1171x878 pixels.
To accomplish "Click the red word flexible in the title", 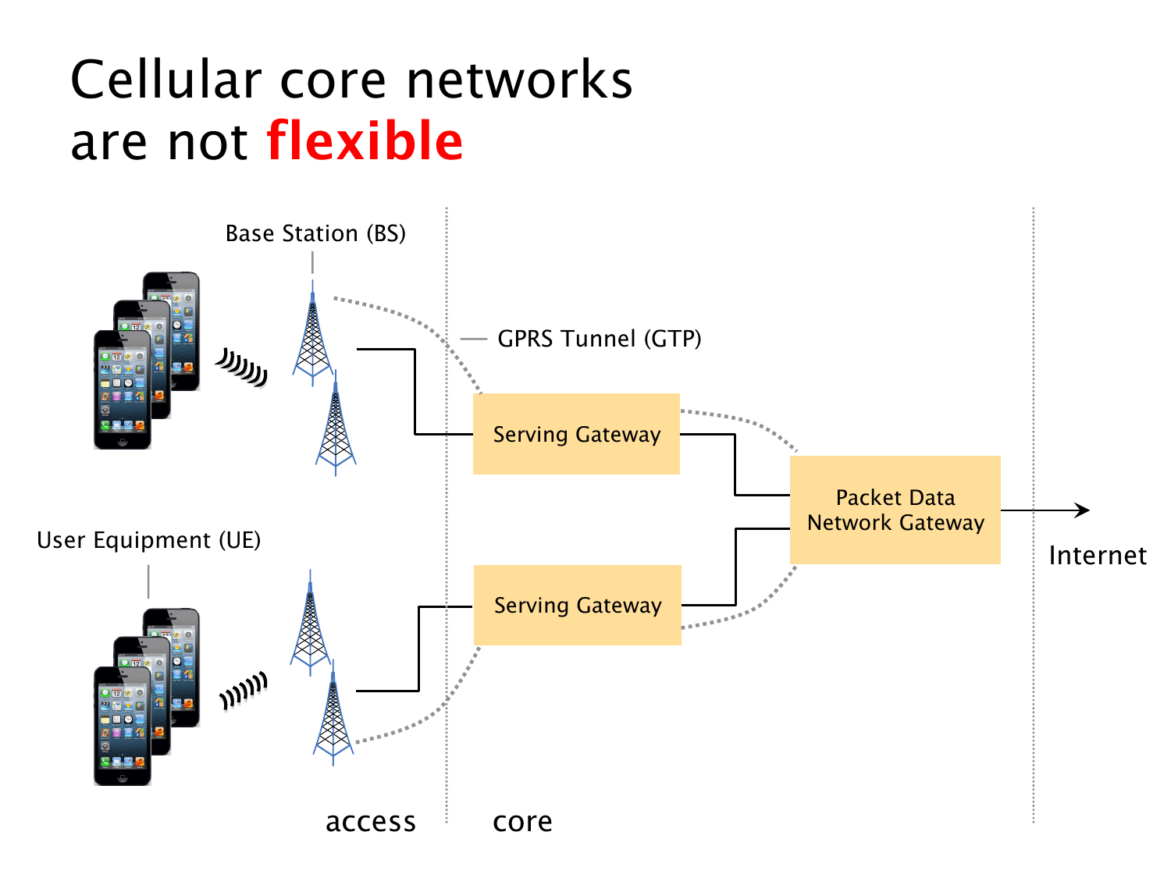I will pyautogui.click(x=365, y=141).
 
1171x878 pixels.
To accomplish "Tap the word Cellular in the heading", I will pyautogui.click(x=166, y=80).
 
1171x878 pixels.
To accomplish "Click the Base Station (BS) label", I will pyautogui.click(x=315, y=233).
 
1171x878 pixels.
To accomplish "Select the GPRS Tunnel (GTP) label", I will pyautogui.click(x=599, y=339).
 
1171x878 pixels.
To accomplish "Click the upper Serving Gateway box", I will pyautogui.click(x=576, y=434).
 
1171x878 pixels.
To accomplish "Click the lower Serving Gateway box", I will pyautogui.click(x=578, y=605).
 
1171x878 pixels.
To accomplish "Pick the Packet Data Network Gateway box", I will pyautogui.click(x=895, y=510).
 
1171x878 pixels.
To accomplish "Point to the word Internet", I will pyautogui.click(x=1097, y=556).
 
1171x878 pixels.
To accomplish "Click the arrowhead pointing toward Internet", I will pyautogui.click(x=1083, y=510).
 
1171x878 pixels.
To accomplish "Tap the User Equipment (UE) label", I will pyautogui.click(x=148, y=540).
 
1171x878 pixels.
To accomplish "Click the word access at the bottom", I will pyautogui.click(x=370, y=822).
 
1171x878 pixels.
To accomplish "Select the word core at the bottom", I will pyautogui.click(x=522, y=822).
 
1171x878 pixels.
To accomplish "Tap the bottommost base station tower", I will pyautogui.click(x=333, y=714).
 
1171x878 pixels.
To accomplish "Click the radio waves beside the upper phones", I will pyautogui.click(x=242, y=366).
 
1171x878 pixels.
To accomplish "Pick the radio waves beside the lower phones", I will pyautogui.click(x=244, y=691).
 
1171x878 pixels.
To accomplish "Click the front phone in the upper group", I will pyautogui.click(x=123, y=390).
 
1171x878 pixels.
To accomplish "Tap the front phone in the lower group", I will pyautogui.click(x=123, y=726).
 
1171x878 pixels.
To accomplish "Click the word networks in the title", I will pyautogui.click(x=519, y=80).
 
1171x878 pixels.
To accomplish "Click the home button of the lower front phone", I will pyautogui.click(x=123, y=777).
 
